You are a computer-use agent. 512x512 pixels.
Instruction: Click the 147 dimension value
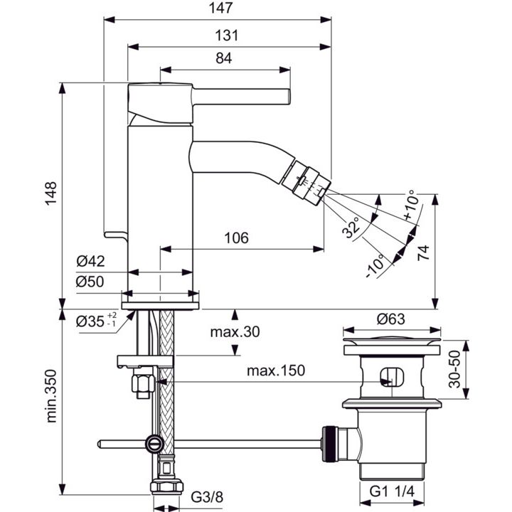(x=220, y=8)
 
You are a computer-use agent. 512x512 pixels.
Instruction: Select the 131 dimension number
(x=226, y=36)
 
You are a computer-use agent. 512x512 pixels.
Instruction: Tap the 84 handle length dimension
(x=224, y=58)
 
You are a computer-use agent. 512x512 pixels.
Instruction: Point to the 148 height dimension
(x=51, y=193)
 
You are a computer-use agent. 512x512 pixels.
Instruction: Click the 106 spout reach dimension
(x=236, y=238)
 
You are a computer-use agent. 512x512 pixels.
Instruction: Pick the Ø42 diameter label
(x=90, y=261)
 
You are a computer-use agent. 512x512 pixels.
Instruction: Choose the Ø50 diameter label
(x=90, y=281)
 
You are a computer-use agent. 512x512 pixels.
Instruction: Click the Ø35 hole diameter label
(x=96, y=321)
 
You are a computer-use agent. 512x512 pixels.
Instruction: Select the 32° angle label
(x=351, y=227)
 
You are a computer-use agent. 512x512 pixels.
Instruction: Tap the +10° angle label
(x=410, y=205)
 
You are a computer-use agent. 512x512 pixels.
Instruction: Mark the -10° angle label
(x=375, y=265)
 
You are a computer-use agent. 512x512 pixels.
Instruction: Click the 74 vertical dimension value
(x=423, y=252)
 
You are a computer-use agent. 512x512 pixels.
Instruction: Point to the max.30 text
(x=235, y=332)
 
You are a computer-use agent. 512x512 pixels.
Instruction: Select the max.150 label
(x=276, y=370)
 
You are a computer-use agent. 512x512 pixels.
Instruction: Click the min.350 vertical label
(x=51, y=396)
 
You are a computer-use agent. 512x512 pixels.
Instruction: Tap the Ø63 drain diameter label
(x=391, y=319)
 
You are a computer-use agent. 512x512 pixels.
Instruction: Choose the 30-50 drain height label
(x=454, y=369)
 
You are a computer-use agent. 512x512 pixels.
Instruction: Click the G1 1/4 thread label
(x=392, y=491)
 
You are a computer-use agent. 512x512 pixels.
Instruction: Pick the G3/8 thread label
(x=207, y=497)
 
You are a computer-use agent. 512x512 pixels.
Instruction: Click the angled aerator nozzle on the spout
(x=306, y=182)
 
